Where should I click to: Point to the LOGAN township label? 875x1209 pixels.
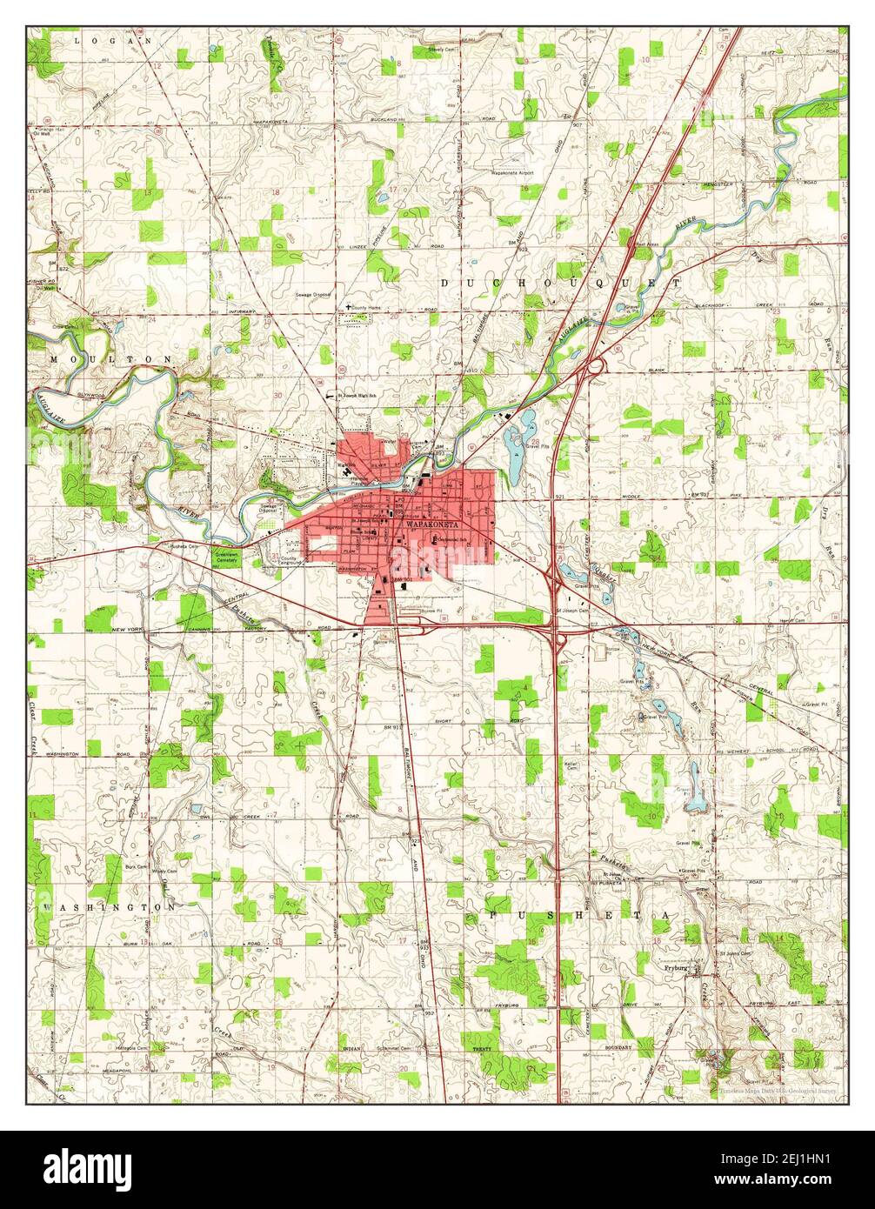(x=113, y=40)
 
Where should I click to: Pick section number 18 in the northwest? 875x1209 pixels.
(x=276, y=193)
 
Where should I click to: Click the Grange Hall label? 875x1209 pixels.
(x=43, y=129)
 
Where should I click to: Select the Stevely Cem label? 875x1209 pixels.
(x=441, y=50)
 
